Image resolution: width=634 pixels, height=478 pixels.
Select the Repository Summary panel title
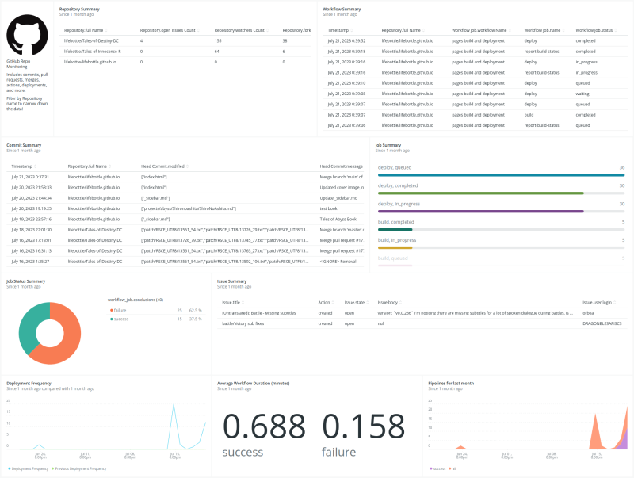tap(79, 9)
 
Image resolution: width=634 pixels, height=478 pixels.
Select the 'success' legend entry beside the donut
tap(120, 319)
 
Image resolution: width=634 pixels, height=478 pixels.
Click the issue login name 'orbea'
tap(589, 313)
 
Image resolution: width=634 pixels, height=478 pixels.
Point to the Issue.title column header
tap(231, 302)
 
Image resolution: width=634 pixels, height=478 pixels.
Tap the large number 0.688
tap(263, 425)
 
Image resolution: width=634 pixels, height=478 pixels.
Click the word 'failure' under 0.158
tap(338, 452)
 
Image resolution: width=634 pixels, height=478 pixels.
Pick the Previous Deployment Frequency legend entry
tap(82, 468)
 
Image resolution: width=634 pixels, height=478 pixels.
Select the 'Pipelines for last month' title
tap(450, 383)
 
